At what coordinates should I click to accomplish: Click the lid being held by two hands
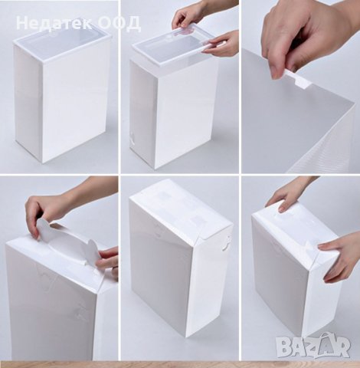pyautogui.click(x=172, y=45)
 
